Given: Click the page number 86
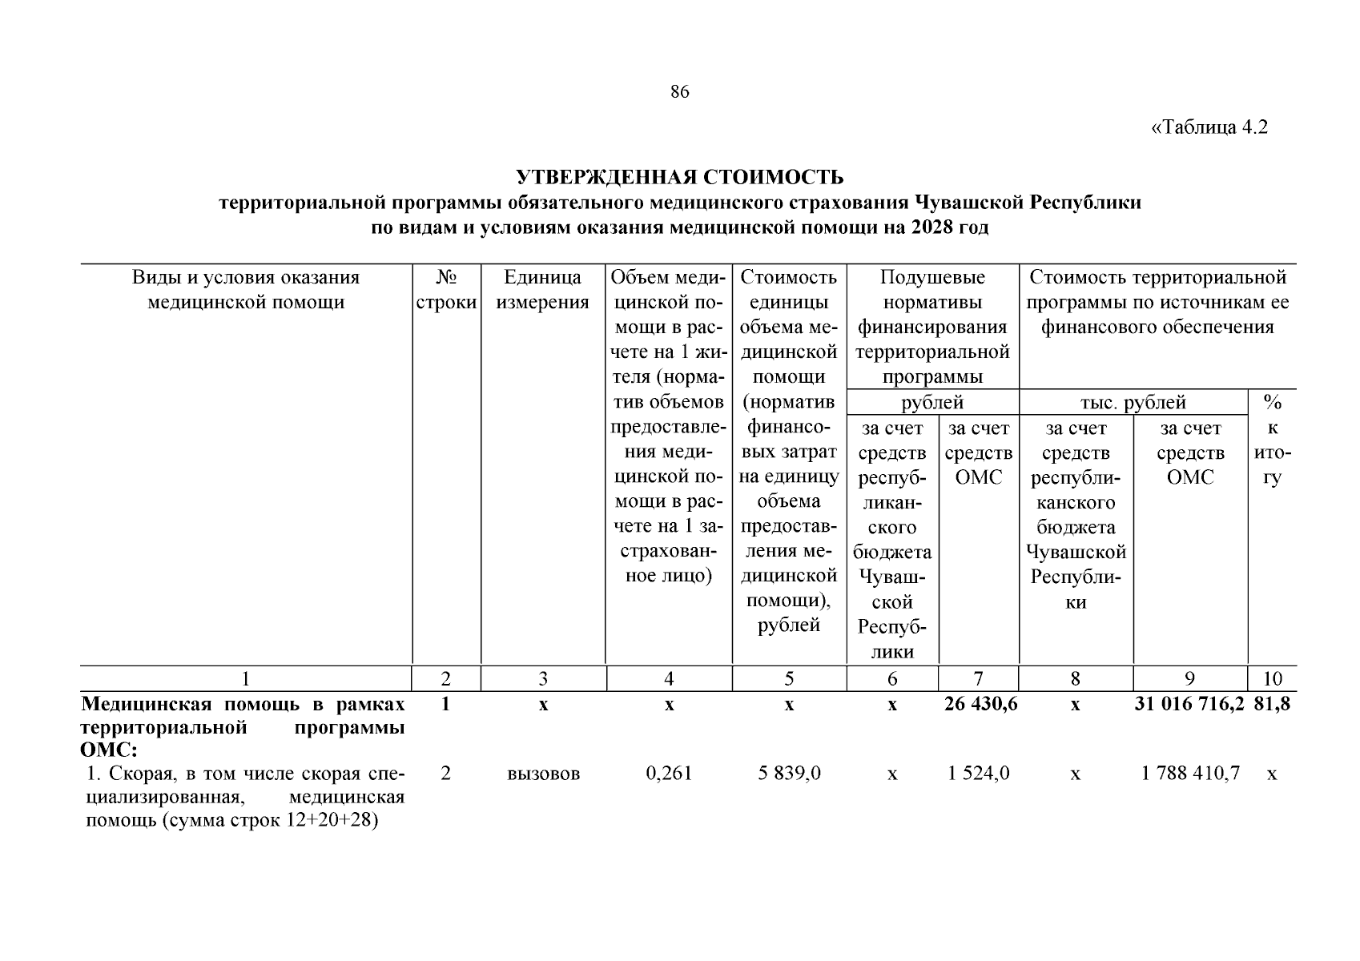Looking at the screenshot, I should (x=679, y=92).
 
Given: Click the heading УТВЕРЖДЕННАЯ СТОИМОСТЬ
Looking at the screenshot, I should (x=679, y=176).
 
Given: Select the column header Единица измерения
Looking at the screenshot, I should (x=542, y=290).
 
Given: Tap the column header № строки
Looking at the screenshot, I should (x=446, y=290).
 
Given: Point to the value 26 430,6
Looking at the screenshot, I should (x=978, y=705).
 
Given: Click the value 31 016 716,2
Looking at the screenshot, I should (x=1189, y=705).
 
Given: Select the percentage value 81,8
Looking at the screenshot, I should (x=1272, y=705).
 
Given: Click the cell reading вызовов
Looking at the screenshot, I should (x=543, y=774).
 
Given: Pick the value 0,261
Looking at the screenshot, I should (x=669, y=774).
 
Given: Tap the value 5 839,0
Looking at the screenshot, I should (x=789, y=774).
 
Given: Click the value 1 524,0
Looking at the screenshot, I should (x=978, y=774).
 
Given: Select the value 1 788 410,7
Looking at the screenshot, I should (x=1190, y=774).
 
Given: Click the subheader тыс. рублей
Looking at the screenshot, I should (x=1133, y=403).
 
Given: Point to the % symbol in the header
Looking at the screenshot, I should (x=1272, y=403).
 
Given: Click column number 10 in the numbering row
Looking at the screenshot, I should (x=1272, y=679).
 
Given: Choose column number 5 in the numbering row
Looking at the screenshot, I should (x=789, y=679).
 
